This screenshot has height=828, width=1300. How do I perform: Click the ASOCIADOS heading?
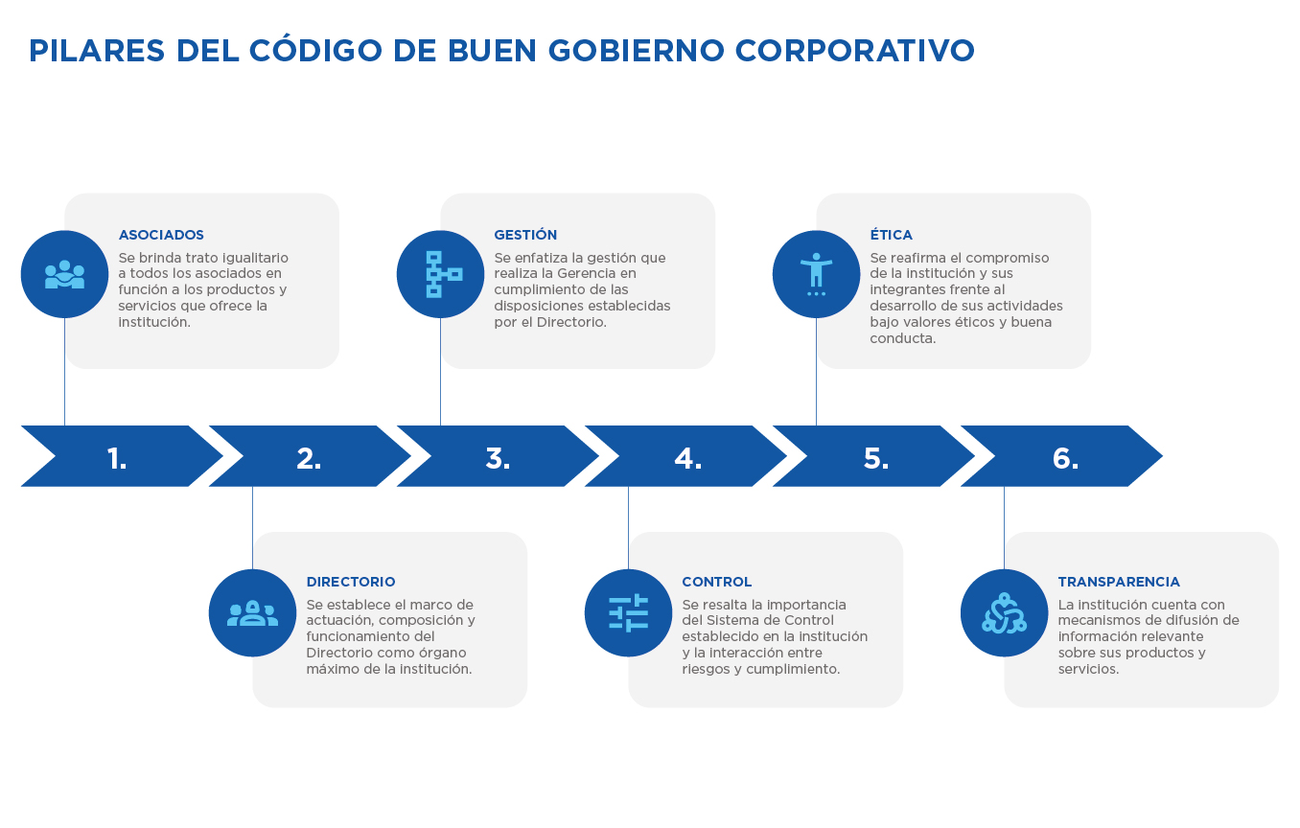tap(161, 235)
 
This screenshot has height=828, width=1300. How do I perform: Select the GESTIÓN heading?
tap(525, 235)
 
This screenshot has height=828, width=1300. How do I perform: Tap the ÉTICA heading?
tap(891, 235)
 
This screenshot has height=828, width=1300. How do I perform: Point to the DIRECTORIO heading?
tap(351, 582)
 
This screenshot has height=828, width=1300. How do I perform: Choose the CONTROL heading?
tap(716, 582)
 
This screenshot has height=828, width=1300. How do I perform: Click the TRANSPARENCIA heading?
tap(1119, 582)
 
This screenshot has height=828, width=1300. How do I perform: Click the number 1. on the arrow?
tap(117, 458)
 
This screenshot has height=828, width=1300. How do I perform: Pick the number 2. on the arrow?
tap(309, 458)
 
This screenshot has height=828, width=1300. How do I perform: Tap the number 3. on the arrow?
tap(498, 458)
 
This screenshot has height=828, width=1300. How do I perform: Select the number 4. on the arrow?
tap(687, 458)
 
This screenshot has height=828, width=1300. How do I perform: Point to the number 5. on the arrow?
tap(875, 458)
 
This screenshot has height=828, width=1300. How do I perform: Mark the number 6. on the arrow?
tap(1065, 458)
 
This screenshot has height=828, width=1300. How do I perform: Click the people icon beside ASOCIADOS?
tap(64, 274)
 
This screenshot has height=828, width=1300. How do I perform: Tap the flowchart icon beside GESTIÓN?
tap(443, 274)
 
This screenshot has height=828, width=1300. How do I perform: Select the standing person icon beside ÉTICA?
tap(816, 274)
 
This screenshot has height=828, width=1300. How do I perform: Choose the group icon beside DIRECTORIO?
tap(252, 613)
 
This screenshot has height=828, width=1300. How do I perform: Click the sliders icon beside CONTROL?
tap(629, 612)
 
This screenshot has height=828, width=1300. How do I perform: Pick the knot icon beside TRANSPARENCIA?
tap(1004, 613)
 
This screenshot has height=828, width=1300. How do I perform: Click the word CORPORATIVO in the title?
tap(854, 51)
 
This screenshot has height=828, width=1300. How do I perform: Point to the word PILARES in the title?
tap(97, 51)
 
